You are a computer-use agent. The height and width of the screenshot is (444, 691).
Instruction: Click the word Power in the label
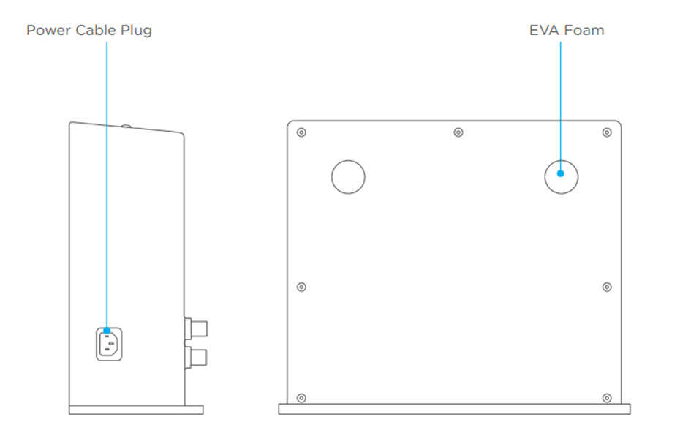[x=48, y=31]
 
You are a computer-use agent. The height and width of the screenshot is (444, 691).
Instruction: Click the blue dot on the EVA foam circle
[x=561, y=173]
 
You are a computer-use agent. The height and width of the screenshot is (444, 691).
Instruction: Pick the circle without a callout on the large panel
[x=348, y=177]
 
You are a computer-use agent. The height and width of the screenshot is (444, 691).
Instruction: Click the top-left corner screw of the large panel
[x=302, y=132]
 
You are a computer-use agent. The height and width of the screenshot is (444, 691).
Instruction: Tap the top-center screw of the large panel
[x=458, y=132]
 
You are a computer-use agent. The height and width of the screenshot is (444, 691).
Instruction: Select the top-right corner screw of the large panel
[x=606, y=132]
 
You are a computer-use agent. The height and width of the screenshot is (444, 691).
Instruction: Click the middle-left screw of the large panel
[x=302, y=287]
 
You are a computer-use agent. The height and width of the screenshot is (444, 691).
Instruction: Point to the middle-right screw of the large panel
[x=606, y=287]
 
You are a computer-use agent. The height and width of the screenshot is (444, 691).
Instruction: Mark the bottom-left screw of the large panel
[x=302, y=397]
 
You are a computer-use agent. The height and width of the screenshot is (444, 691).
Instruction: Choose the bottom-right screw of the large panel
[x=606, y=397]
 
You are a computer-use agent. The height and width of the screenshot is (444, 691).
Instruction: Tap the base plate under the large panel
[x=453, y=410]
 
